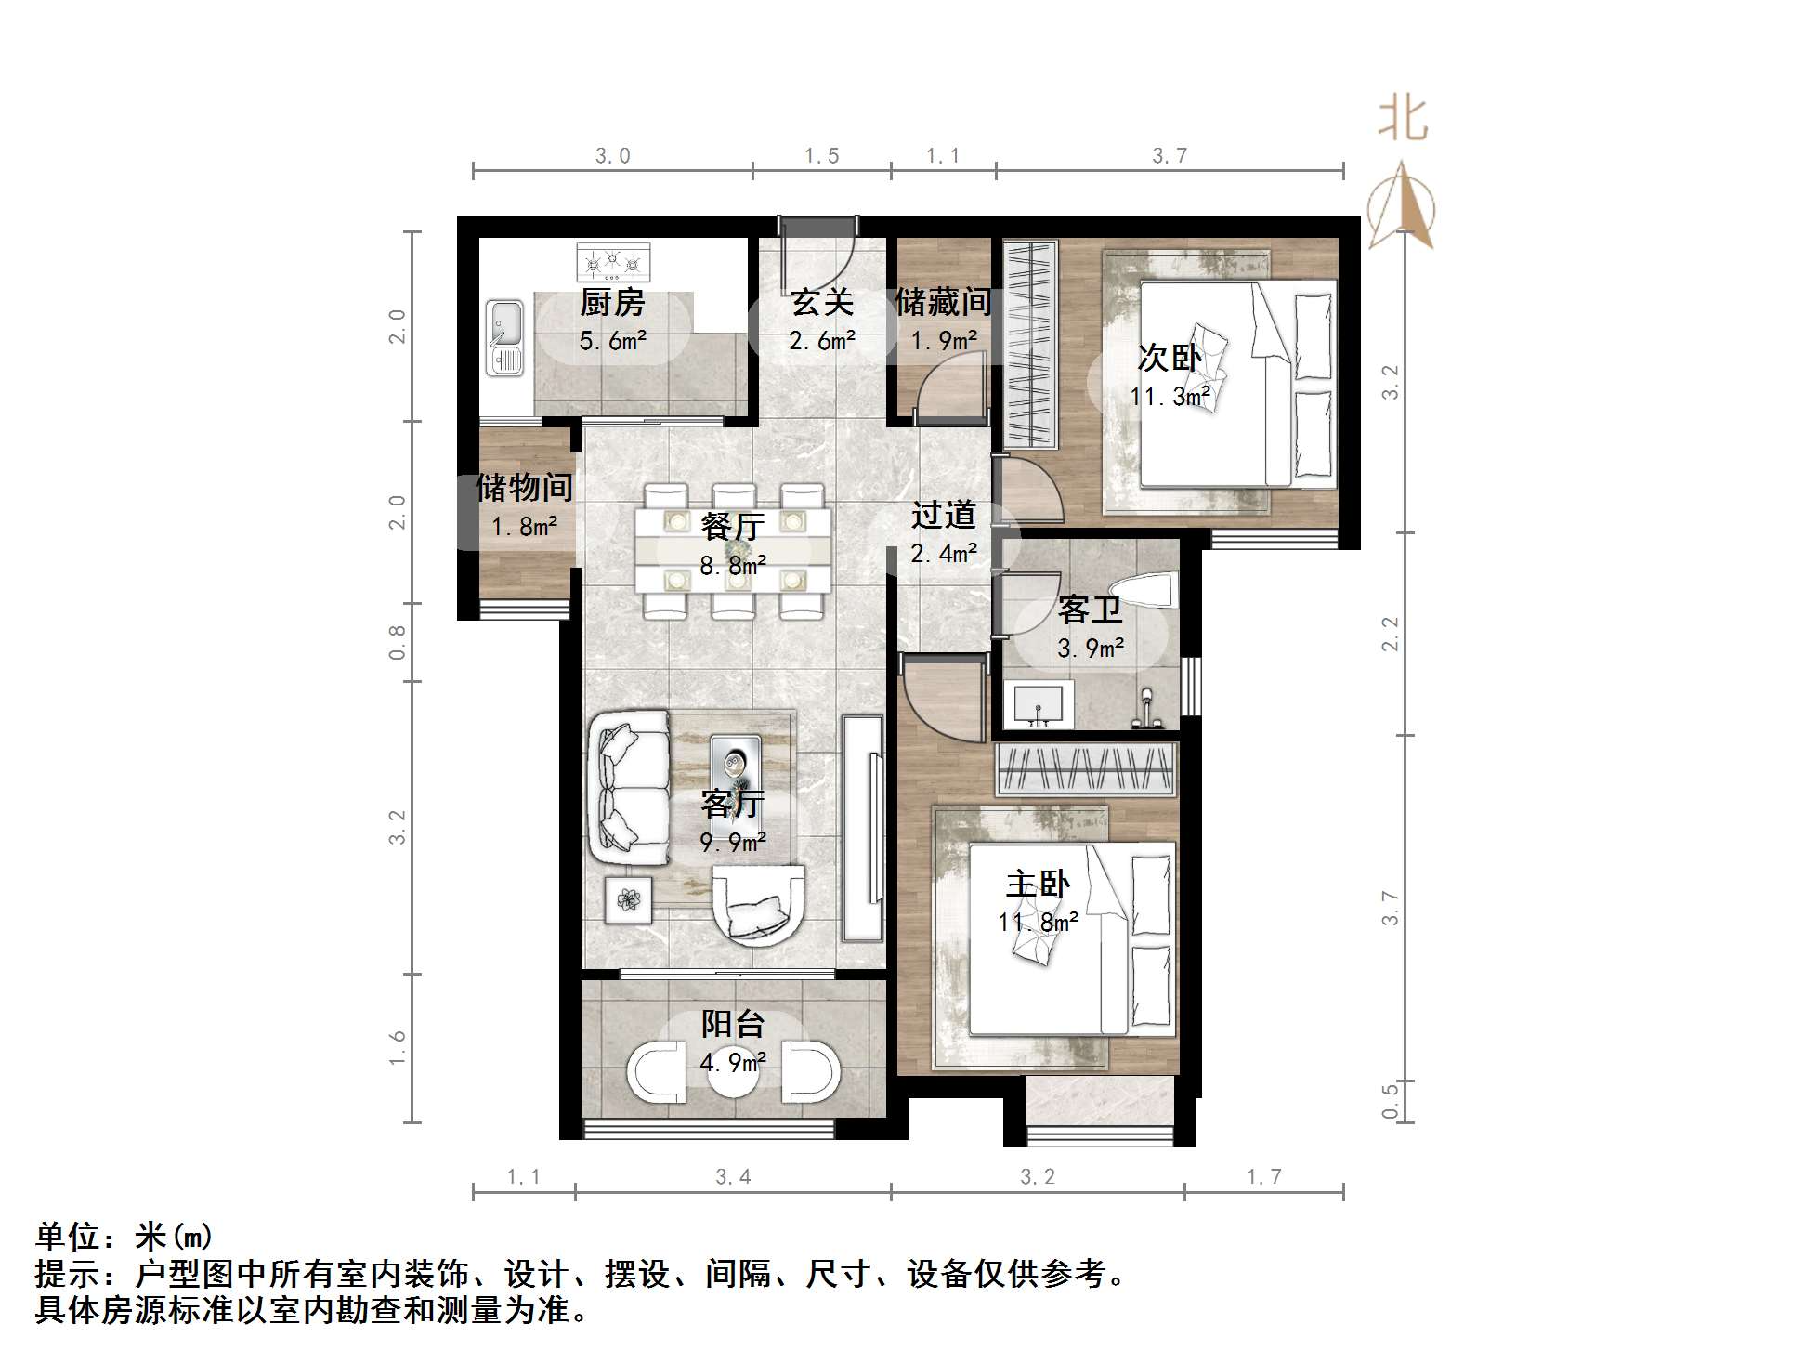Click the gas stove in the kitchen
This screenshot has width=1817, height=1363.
[613, 262]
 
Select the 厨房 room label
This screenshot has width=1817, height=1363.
[612, 303]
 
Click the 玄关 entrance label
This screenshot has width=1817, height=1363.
[822, 303]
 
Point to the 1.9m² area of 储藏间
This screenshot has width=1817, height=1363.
[943, 341]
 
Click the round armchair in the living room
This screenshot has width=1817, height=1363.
[758, 904]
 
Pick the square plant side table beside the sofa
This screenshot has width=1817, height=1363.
[629, 899]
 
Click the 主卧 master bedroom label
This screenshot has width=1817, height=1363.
[1038, 885]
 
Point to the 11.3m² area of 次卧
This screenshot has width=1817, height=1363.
[1170, 397]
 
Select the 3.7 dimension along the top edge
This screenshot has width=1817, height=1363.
[1170, 156]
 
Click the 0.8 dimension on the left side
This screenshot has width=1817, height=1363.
[398, 642]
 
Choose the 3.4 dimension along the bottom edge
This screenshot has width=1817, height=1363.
[733, 1177]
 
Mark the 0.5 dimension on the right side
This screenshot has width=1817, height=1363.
[1390, 1101]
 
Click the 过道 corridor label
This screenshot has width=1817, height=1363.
[943, 515]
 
